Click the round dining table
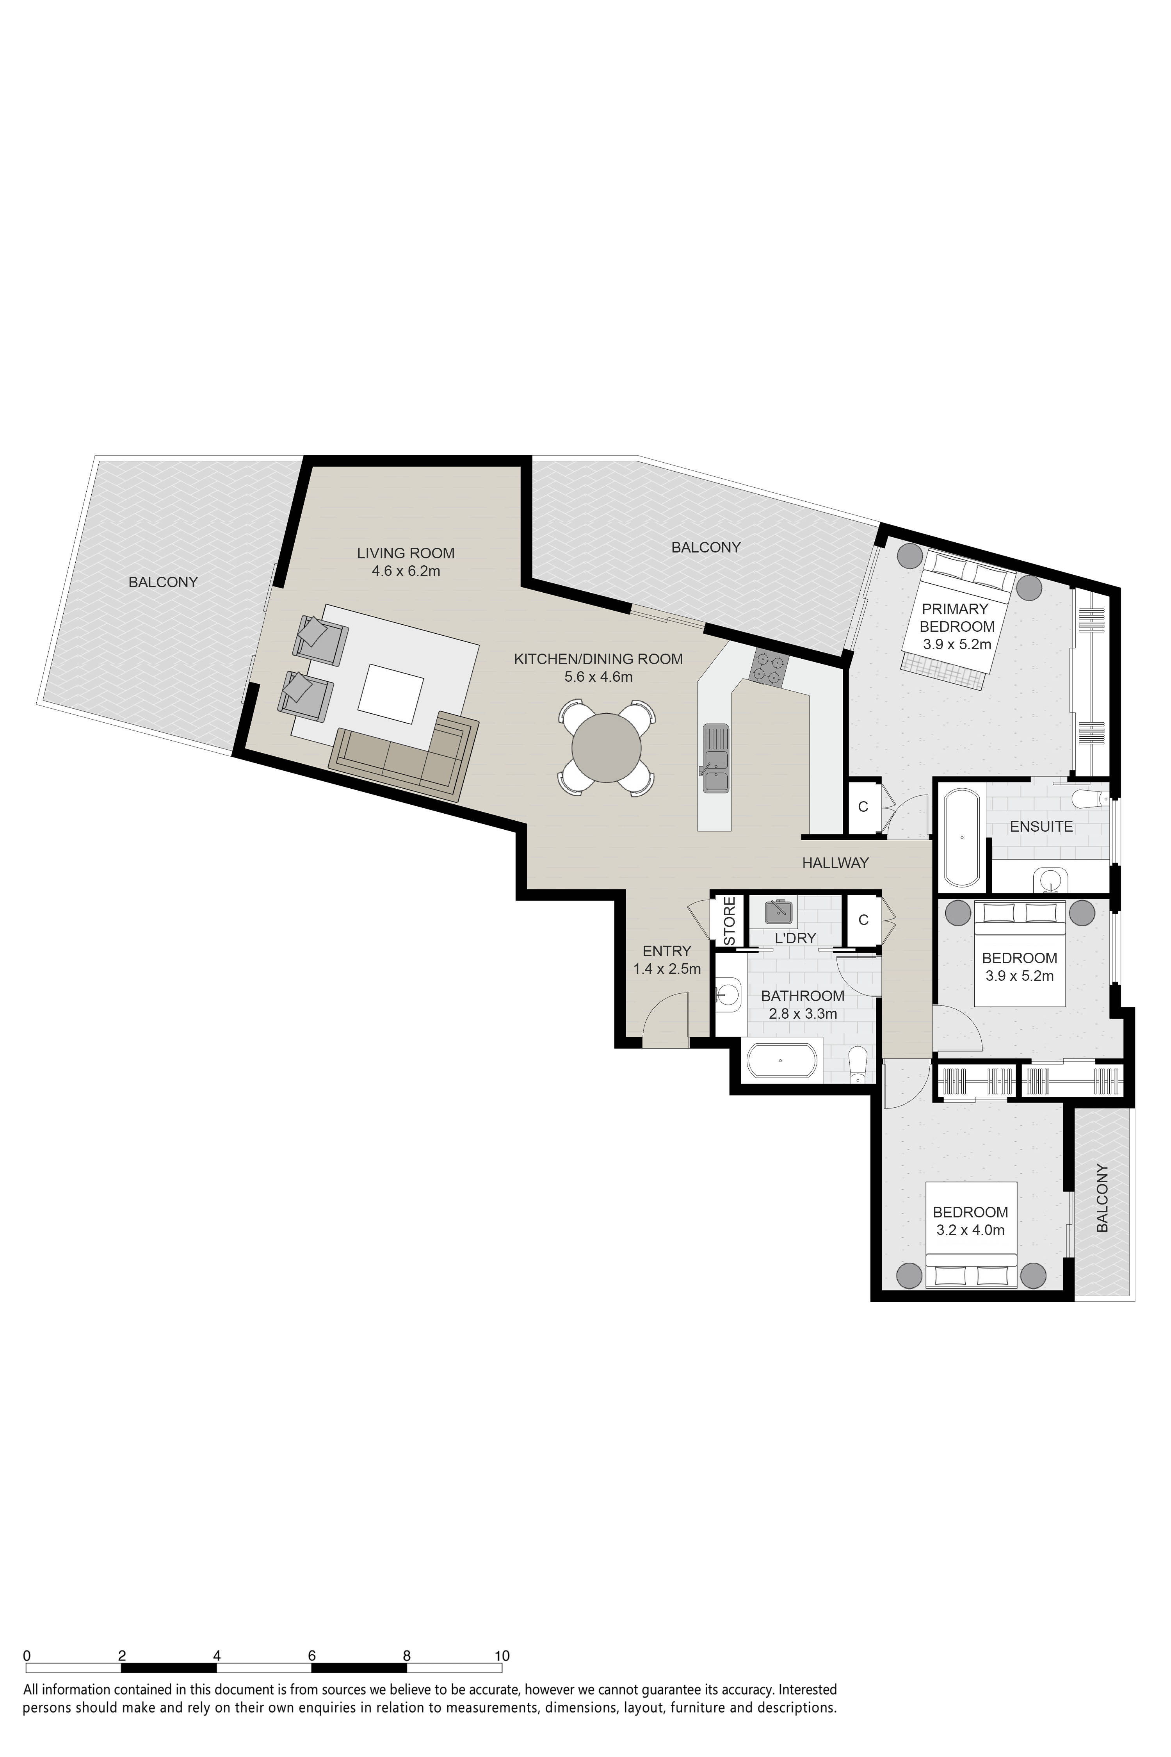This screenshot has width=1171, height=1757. click(607, 748)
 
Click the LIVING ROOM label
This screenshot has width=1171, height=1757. click(406, 554)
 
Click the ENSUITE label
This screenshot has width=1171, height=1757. click(1041, 827)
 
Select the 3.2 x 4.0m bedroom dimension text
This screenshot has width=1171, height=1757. click(970, 1230)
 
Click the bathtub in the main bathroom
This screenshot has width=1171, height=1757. click(780, 1060)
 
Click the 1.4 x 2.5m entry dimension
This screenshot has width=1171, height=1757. click(667, 969)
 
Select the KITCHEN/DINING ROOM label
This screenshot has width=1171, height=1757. click(598, 659)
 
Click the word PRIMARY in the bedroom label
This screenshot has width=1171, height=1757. click(954, 609)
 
